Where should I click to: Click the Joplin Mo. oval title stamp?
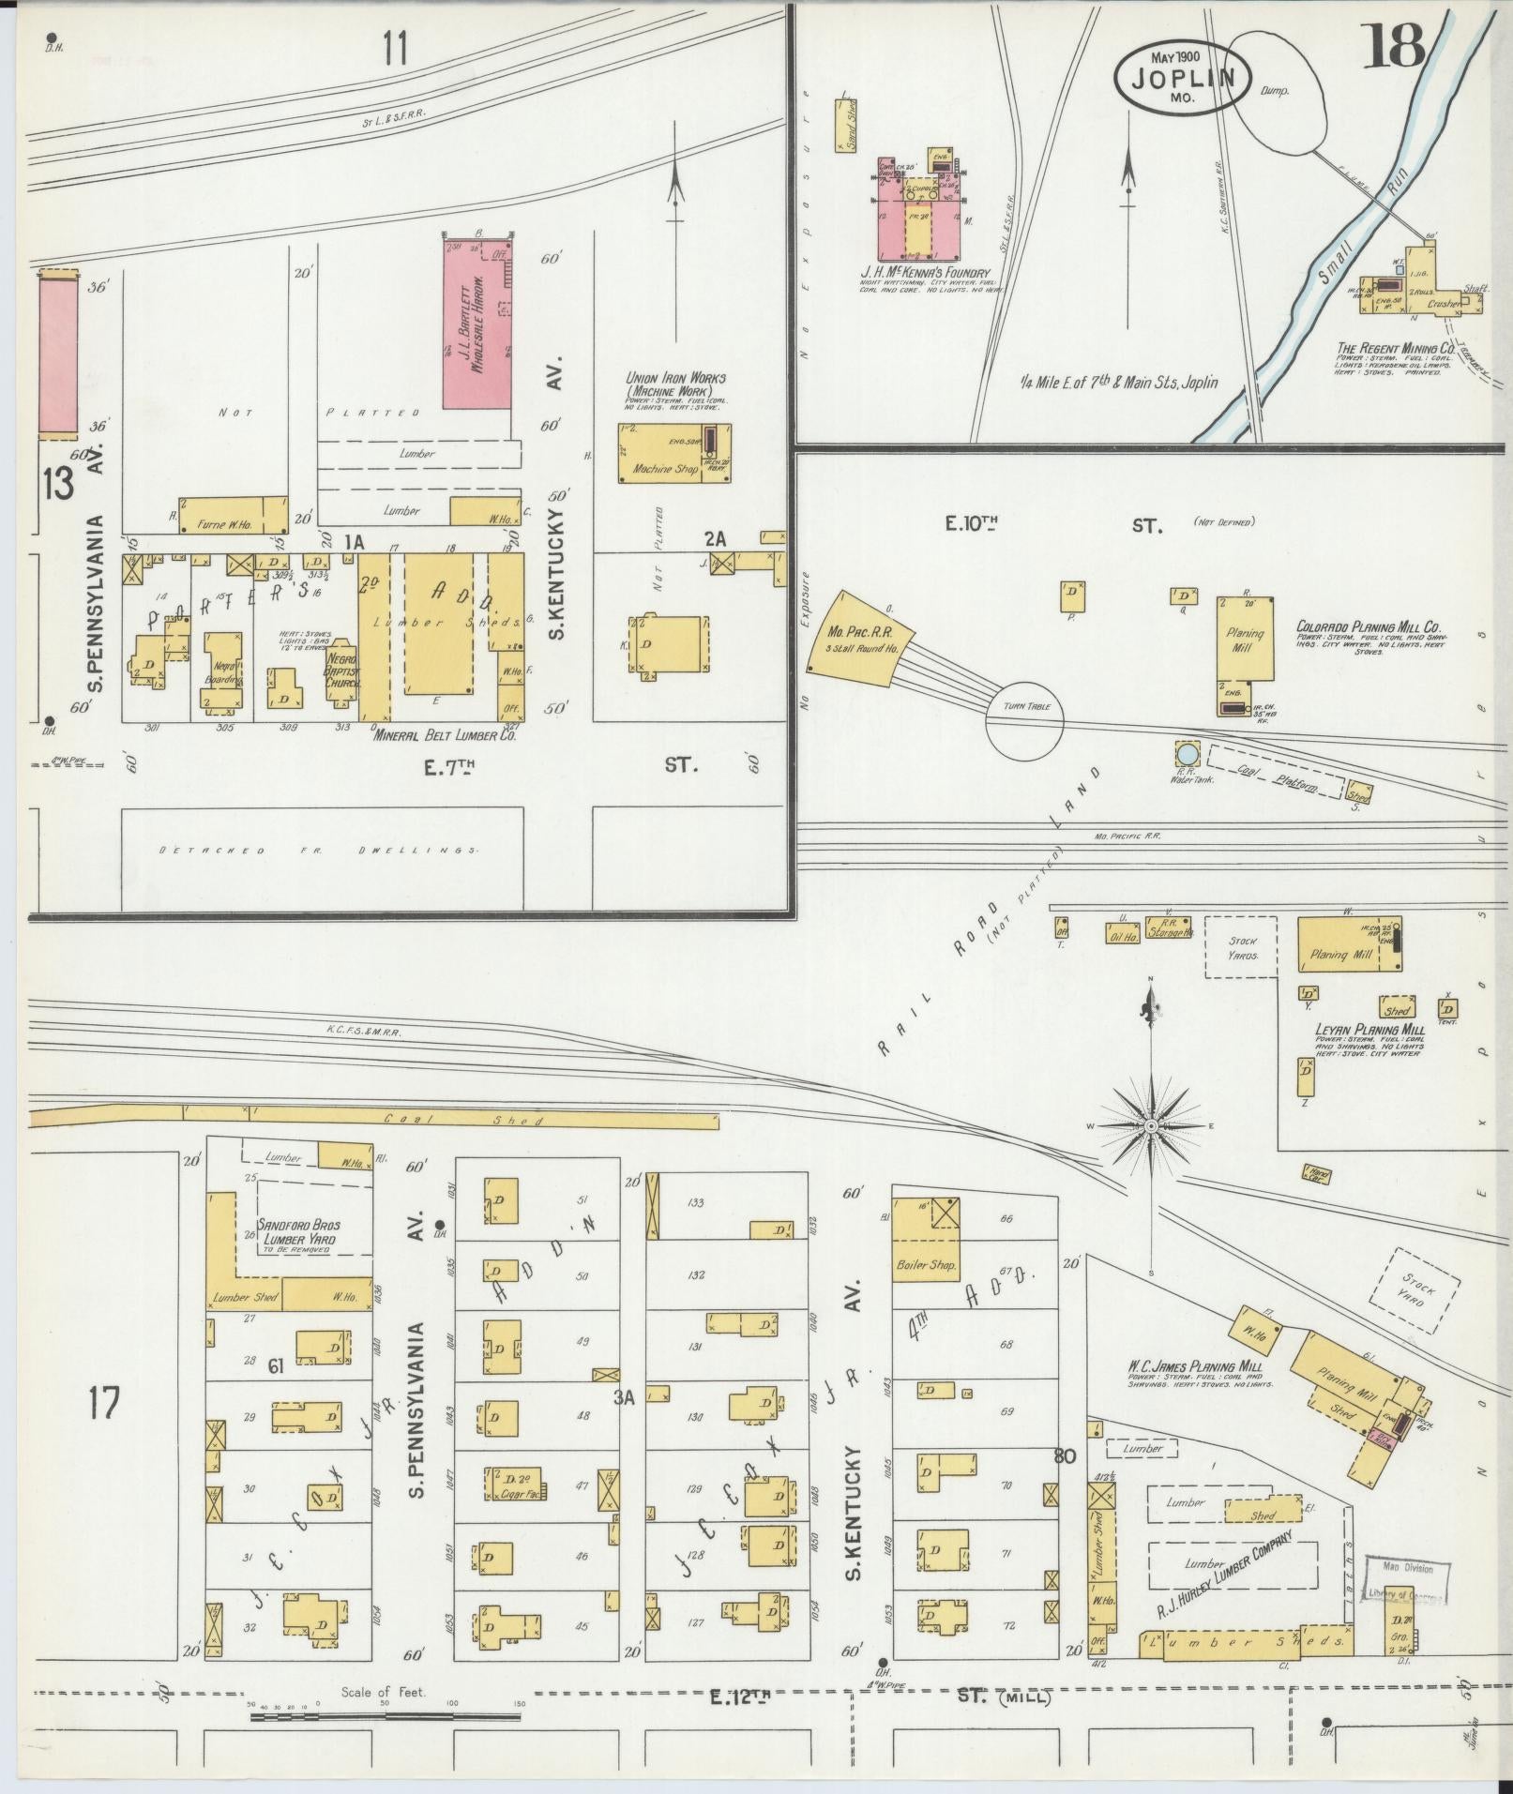click(x=1181, y=76)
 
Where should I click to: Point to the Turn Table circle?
click(x=1024, y=720)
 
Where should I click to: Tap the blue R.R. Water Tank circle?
click(x=1187, y=752)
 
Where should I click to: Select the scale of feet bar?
click(x=385, y=1716)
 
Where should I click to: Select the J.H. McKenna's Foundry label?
click(x=924, y=273)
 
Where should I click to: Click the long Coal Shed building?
click(x=375, y=1119)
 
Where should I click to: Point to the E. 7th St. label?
click(x=450, y=767)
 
